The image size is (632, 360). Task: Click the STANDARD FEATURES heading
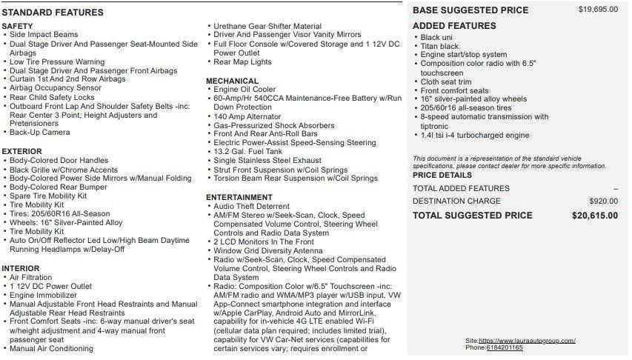point(53,13)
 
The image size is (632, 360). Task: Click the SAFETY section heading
point(17,26)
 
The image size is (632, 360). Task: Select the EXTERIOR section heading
point(21,151)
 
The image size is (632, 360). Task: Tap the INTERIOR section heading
point(21,268)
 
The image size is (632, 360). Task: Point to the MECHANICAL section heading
point(232,81)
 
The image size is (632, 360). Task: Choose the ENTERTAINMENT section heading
point(239,197)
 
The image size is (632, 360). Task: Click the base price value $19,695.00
point(598,10)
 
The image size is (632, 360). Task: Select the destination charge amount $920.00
point(603,201)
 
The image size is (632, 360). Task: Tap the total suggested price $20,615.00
point(594,216)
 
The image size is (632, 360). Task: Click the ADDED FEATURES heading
point(454,26)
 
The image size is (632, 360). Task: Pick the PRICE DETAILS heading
point(442,176)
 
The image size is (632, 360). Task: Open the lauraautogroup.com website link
point(527,340)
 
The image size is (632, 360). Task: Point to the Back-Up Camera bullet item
point(41,133)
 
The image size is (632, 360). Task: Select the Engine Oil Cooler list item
point(245,90)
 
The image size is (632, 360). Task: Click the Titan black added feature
point(439,46)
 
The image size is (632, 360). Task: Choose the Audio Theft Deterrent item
point(251,206)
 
